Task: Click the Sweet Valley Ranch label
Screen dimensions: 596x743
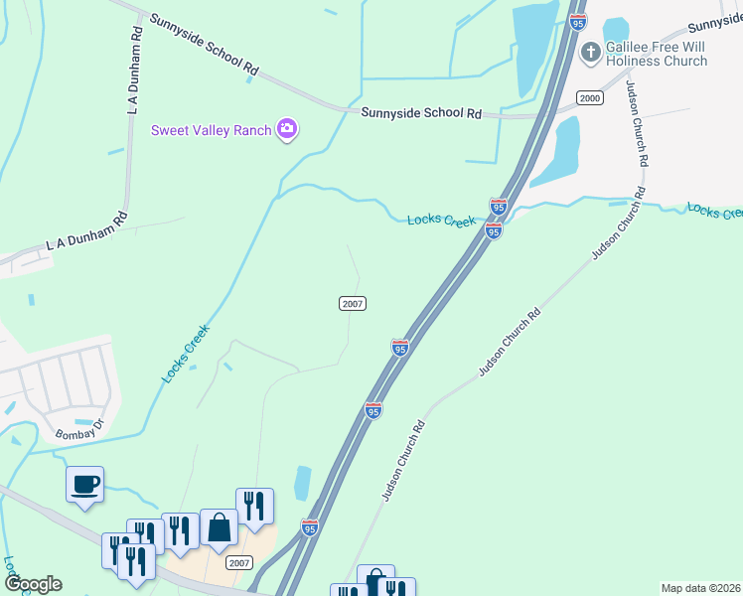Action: [x=211, y=130]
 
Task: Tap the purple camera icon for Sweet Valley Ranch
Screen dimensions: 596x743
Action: [x=288, y=129]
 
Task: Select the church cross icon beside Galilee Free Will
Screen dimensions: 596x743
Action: [x=590, y=51]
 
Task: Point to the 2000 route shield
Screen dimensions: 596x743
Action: [x=590, y=97]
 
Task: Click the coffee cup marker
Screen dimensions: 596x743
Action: [x=84, y=485]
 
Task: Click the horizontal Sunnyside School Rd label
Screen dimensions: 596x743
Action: [x=421, y=113]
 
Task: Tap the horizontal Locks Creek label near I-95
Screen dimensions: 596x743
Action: [x=441, y=220]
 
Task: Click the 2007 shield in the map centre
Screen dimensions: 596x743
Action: [x=353, y=303]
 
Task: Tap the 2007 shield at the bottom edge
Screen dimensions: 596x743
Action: [x=238, y=562]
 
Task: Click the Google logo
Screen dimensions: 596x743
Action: [x=33, y=583]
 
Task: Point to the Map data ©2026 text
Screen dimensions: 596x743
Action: [x=701, y=588]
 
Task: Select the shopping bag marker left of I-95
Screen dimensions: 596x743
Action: [x=219, y=528]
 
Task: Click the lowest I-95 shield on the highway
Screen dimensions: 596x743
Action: [x=310, y=527]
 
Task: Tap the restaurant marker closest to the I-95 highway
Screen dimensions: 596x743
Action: [x=254, y=507]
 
